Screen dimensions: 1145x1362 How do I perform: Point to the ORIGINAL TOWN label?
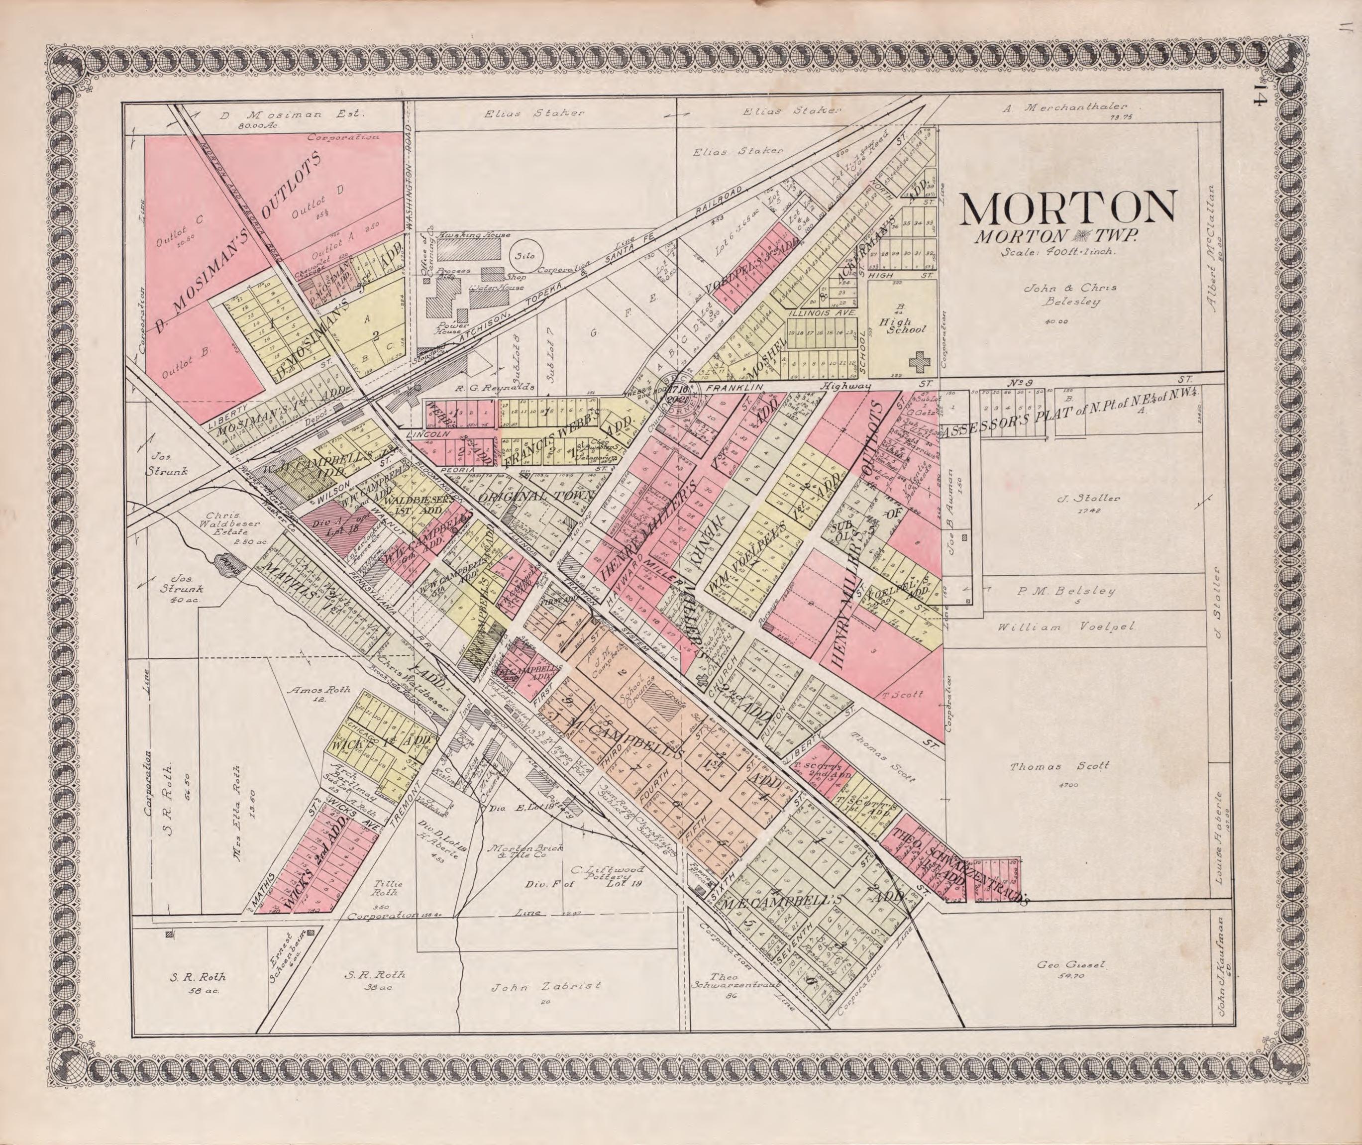point(536,496)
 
